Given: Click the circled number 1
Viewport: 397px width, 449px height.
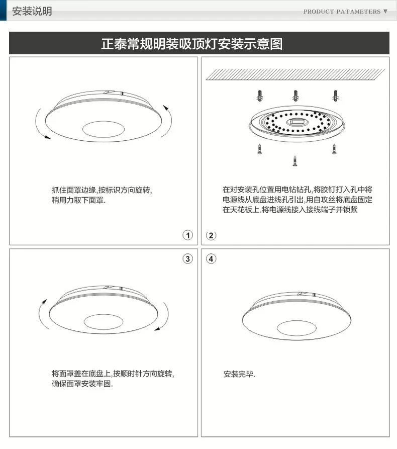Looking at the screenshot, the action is click(188, 235).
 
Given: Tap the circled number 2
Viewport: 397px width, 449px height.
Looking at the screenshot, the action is click(211, 235).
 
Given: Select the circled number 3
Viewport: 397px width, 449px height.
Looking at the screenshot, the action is click(188, 259).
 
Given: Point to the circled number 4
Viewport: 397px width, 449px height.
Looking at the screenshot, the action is click(211, 259).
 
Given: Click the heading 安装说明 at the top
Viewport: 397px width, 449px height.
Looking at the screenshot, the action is click(32, 11).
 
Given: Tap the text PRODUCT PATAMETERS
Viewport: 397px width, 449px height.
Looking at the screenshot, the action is click(342, 12).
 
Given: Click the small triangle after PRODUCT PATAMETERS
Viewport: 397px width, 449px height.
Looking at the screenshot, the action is click(385, 12).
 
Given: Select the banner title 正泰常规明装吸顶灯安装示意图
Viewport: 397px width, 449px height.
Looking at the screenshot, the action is click(192, 44).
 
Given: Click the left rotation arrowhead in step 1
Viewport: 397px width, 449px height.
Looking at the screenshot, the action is click(48, 137).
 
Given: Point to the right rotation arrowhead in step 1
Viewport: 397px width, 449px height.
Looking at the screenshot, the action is click(166, 108).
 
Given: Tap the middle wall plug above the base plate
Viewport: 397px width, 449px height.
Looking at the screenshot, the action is click(295, 96).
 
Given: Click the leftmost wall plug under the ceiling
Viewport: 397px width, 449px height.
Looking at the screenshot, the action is click(260, 96).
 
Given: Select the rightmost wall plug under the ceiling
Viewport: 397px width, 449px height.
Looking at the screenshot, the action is click(336, 96).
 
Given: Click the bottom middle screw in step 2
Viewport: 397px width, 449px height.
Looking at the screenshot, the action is click(295, 161).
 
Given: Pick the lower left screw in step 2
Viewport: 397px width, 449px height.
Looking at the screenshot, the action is click(259, 149).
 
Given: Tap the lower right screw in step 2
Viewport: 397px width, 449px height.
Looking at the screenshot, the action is click(334, 149).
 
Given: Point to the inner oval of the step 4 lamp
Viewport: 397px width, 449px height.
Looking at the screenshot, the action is click(297, 328).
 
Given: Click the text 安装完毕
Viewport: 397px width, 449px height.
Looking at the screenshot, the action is click(239, 374).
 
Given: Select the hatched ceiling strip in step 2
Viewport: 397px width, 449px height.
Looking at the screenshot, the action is click(295, 74).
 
